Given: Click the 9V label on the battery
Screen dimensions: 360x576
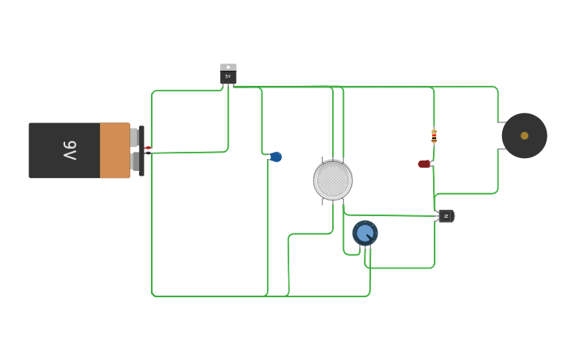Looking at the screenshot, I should [x=70, y=150].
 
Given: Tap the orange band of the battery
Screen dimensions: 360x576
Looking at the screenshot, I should [x=114, y=150].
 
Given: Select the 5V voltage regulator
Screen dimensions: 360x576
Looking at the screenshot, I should [x=228, y=75].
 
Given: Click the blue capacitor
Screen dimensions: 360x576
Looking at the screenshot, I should [x=276, y=157].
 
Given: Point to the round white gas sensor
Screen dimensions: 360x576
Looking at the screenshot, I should [x=333, y=180].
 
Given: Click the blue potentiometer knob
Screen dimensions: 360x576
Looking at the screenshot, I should [x=365, y=233].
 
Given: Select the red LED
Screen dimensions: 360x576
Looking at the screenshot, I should [x=424, y=164].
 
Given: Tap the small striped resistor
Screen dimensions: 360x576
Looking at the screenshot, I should [x=434, y=135].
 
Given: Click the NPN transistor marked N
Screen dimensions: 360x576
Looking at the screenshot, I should [x=446, y=215].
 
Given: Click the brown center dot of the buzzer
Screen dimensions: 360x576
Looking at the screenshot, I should [x=524, y=136].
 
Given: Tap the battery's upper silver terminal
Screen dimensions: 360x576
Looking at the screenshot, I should [x=134, y=137].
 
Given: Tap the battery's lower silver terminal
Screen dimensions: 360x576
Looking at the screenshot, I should [x=134, y=162].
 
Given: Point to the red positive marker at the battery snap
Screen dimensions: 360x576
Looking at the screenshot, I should [x=148, y=148].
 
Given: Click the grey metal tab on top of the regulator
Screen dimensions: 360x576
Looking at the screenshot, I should [x=228, y=68].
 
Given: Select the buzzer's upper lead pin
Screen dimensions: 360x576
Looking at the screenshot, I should [x=501, y=122].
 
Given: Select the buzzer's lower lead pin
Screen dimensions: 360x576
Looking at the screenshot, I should [x=501, y=149].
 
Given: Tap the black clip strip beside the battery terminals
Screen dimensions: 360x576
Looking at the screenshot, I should [x=141, y=151].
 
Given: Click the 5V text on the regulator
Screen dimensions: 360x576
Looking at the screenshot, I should [x=228, y=77].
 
